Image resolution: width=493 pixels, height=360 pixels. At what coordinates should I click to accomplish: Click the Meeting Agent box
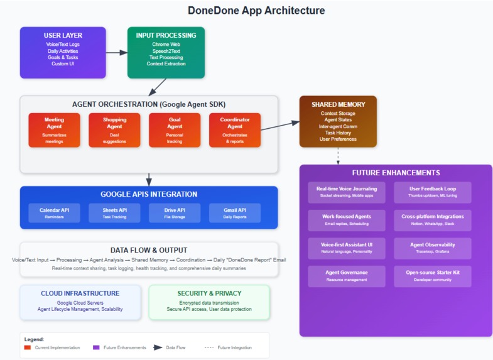(54, 130)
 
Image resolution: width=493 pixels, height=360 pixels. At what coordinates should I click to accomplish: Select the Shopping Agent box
(114, 130)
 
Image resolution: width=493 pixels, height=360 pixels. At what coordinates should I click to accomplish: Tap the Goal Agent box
(175, 130)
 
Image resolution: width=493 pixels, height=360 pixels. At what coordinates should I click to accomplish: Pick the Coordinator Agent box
(235, 130)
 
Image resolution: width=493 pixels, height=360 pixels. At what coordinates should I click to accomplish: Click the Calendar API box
(54, 213)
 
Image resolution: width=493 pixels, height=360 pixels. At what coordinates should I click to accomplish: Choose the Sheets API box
(114, 213)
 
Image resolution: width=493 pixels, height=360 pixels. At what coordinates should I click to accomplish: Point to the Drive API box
(175, 213)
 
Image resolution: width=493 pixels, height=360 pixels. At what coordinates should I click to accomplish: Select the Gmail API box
(235, 213)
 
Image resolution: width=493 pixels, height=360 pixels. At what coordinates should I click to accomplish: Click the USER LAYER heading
(63, 36)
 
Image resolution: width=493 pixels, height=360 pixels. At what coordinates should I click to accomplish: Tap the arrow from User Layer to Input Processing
(116, 53)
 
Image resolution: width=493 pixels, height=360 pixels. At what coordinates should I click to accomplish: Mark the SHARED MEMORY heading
(338, 104)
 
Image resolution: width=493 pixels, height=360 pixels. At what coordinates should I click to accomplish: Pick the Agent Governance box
(347, 276)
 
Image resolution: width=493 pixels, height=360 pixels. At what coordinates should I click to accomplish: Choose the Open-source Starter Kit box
(432, 276)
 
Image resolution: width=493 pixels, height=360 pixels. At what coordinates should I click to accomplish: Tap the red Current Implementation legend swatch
(27, 347)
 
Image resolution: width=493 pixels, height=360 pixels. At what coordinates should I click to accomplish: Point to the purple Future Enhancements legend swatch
(96, 347)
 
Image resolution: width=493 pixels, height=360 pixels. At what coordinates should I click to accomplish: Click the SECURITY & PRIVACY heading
(209, 293)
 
